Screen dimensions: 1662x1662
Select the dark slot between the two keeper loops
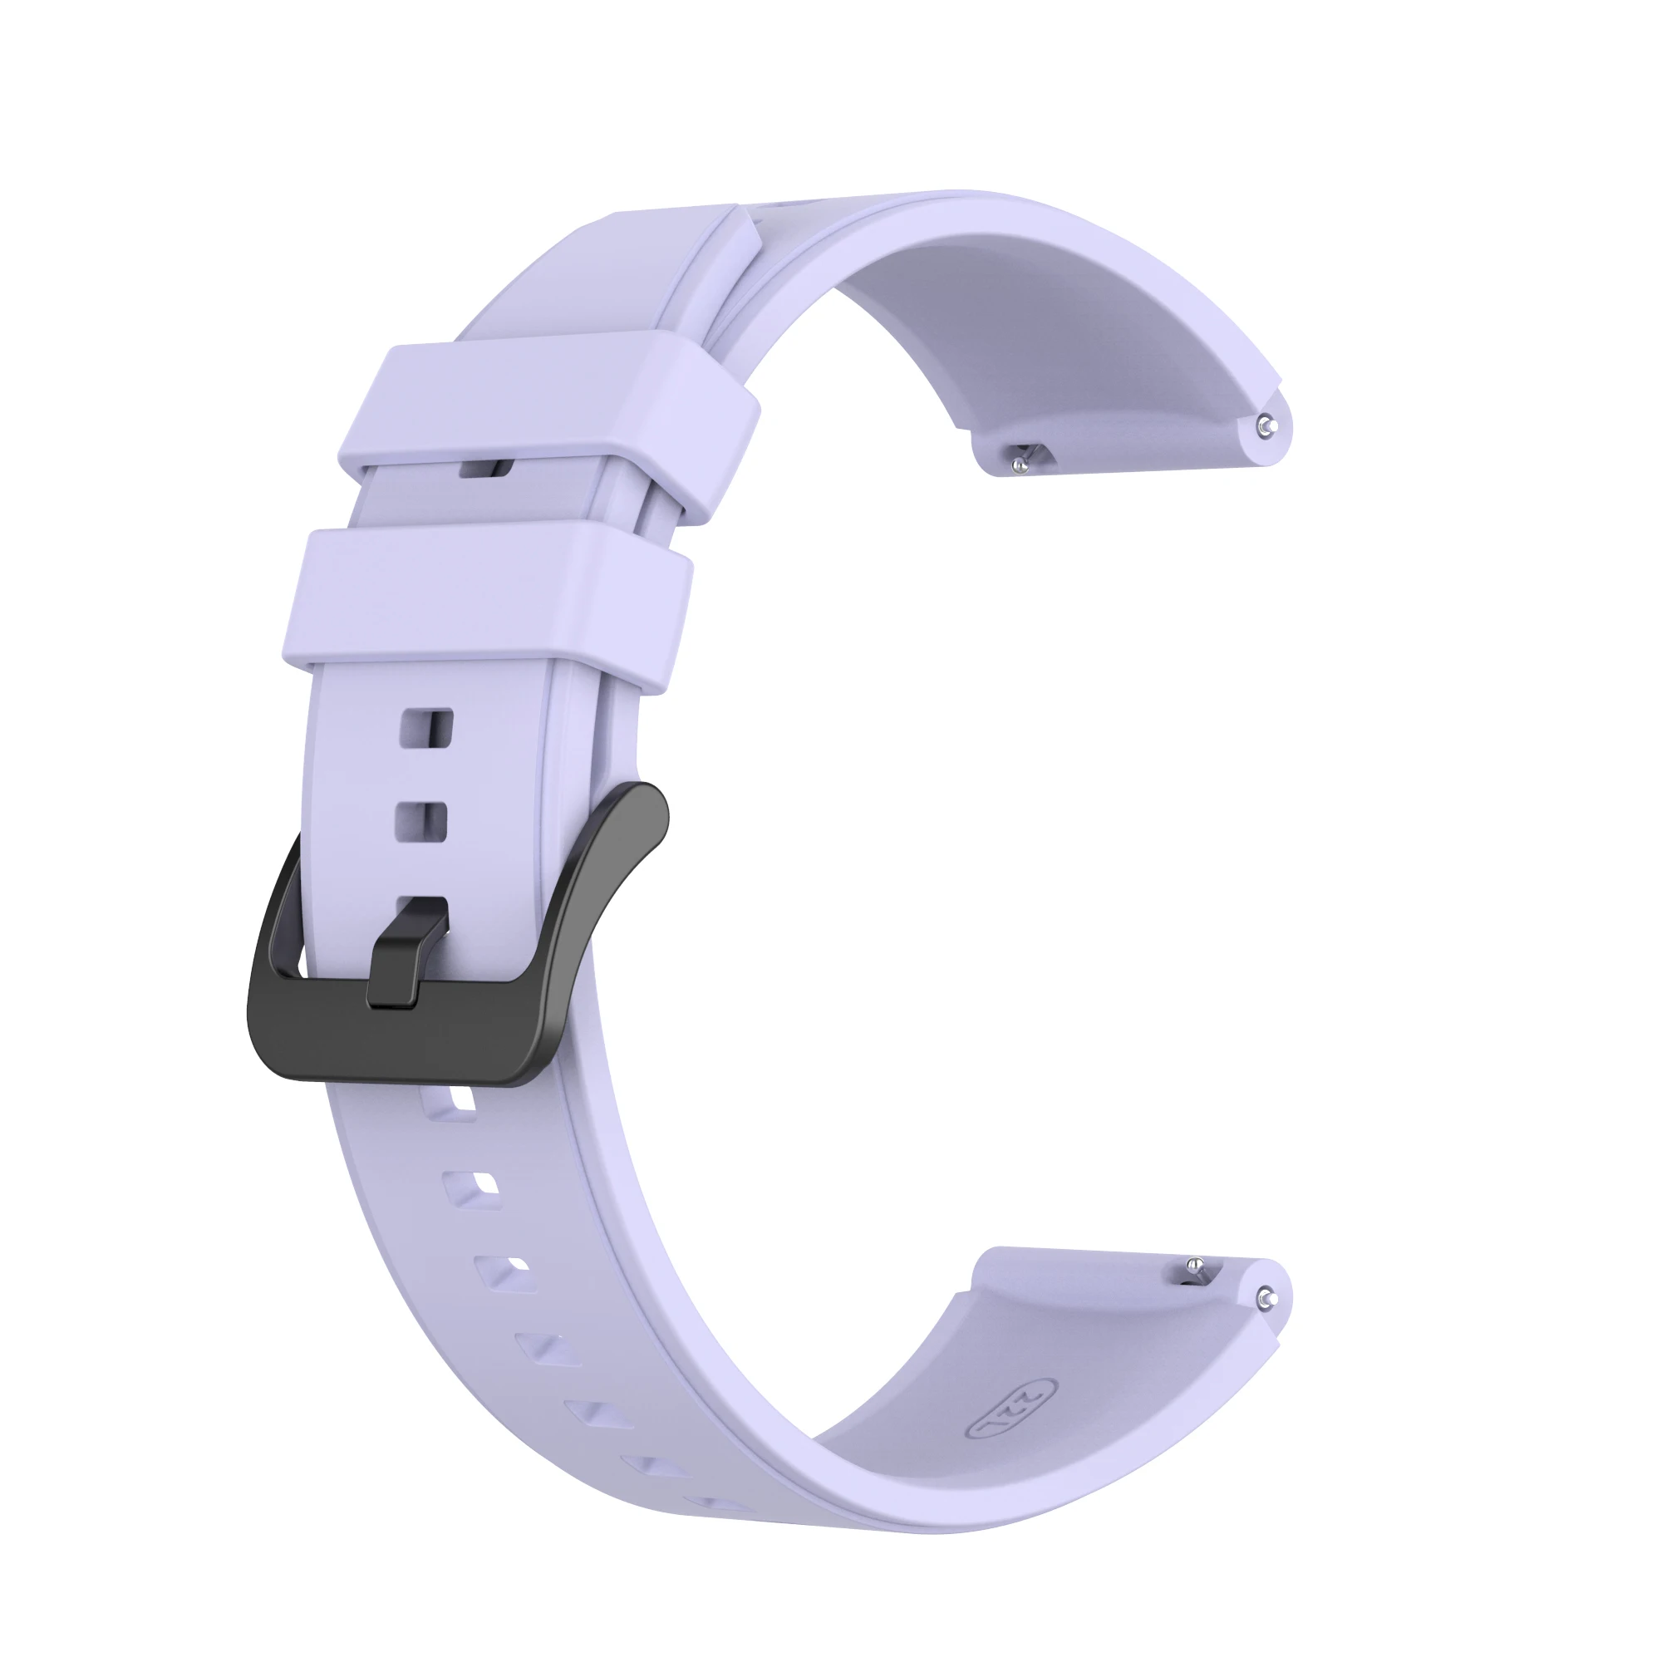pos(487,469)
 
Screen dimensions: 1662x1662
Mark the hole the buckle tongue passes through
pos(421,910)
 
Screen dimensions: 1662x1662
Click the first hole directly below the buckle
pos(450,1105)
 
